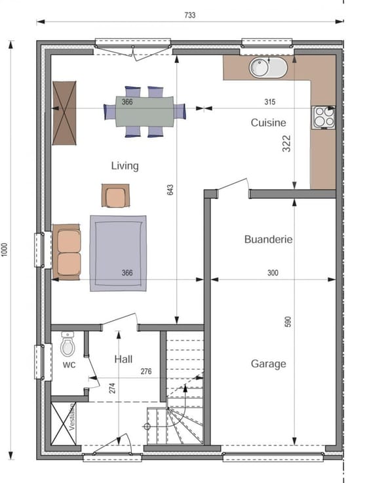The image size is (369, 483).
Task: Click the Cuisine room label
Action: [268, 123]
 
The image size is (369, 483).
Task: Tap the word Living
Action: [125, 166]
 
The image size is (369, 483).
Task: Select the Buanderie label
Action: [268, 240]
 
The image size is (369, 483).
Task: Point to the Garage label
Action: [268, 364]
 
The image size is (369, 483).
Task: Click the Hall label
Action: [123, 359]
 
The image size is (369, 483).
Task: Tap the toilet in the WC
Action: [68, 344]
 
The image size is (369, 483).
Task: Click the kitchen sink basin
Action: [268, 68]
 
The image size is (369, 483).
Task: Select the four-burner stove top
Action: [324, 117]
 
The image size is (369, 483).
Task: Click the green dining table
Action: [145, 112]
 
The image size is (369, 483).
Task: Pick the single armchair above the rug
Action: [115, 196]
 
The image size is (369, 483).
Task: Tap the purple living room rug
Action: [118, 253]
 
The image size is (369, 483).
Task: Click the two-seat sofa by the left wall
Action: [66, 252]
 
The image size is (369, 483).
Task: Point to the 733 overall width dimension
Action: [190, 15]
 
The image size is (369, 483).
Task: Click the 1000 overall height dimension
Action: [5, 249]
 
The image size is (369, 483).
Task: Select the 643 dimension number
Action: [170, 190]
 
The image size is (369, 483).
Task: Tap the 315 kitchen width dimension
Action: [270, 102]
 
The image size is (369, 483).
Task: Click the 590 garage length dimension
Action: [288, 322]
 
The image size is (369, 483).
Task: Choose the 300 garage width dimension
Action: [273, 272]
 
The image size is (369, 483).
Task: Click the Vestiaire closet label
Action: [71, 417]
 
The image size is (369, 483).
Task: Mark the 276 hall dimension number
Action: [146, 371]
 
